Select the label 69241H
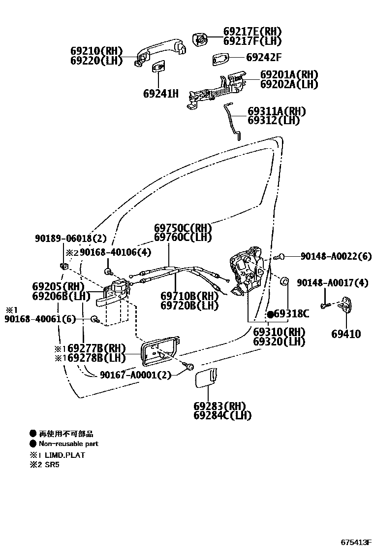(x=161, y=93)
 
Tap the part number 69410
(x=346, y=334)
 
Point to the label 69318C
(x=291, y=314)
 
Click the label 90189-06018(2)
(x=71, y=239)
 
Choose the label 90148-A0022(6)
(x=336, y=256)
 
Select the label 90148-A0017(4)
(x=332, y=283)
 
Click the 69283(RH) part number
(x=219, y=406)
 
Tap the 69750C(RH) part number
(x=183, y=228)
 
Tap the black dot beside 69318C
(x=270, y=314)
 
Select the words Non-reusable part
(x=68, y=444)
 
